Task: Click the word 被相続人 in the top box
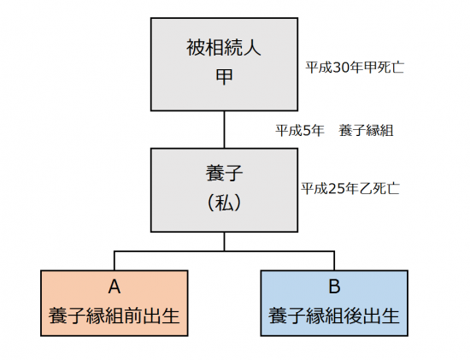coord(224,48)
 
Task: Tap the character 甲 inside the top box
coord(224,76)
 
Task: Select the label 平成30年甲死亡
coord(355,68)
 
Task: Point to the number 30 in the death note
coord(339,68)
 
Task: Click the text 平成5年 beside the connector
coord(300,131)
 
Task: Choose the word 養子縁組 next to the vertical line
coord(366,131)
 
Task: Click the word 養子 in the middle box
coord(224,173)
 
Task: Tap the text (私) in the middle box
coord(224,202)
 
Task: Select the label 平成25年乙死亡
coord(350,189)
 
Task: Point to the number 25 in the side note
coord(335,189)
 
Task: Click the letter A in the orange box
coord(115,286)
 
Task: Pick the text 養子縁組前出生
coord(115,316)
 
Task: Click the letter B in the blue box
coord(334,286)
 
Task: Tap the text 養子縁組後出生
coord(334,316)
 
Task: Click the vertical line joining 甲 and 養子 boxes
coord(224,130)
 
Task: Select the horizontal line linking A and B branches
coord(224,251)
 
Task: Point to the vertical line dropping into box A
coord(115,261)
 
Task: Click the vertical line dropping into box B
coord(334,261)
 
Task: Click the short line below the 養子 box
coord(224,241)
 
